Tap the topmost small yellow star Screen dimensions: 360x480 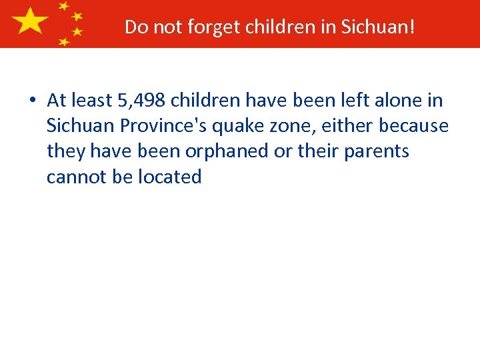click(64, 6)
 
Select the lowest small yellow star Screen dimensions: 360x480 click(64, 41)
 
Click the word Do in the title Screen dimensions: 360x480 click(135, 27)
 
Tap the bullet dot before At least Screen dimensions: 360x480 click(32, 101)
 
